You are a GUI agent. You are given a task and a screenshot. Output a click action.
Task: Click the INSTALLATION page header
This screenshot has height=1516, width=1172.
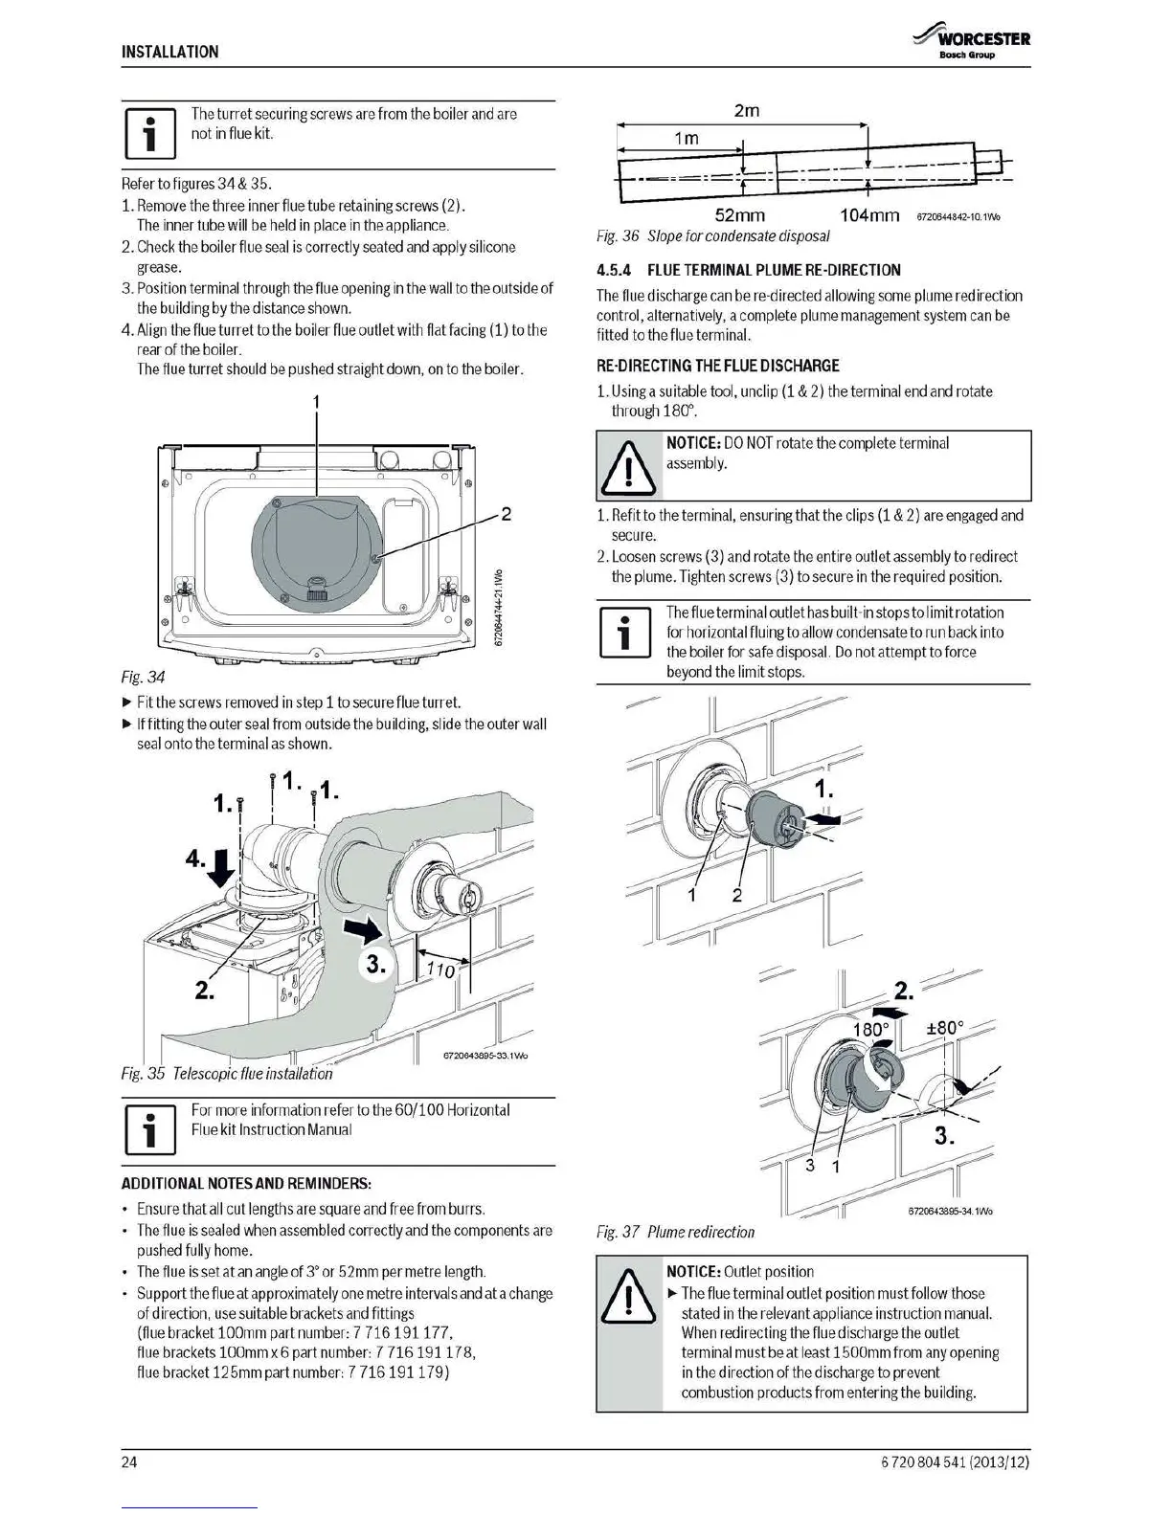(x=169, y=52)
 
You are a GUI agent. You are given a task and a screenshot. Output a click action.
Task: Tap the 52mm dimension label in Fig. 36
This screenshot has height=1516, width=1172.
(x=739, y=215)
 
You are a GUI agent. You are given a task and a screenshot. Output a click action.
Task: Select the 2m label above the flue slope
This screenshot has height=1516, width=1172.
(x=746, y=111)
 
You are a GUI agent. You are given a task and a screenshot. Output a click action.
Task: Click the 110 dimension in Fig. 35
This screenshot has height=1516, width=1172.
(x=439, y=970)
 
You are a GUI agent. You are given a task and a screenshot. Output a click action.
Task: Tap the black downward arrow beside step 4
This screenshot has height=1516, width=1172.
(x=222, y=867)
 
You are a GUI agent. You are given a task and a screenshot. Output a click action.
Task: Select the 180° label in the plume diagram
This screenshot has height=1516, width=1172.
(x=870, y=1030)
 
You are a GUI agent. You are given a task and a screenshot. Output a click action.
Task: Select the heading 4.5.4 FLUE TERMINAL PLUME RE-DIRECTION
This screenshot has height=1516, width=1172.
(x=749, y=270)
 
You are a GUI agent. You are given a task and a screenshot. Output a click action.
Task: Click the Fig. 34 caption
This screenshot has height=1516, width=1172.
(x=144, y=678)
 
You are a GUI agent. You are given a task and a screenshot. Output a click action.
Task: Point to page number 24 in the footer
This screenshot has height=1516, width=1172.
(x=129, y=1462)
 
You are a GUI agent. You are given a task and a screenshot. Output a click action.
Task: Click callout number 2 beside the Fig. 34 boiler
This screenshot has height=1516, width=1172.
(x=507, y=515)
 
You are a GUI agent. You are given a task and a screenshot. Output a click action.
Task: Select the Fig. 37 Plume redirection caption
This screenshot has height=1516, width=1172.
(x=675, y=1232)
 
